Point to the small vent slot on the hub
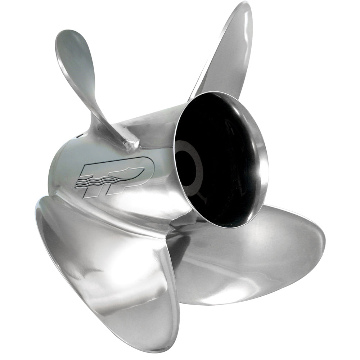click(77, 136)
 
